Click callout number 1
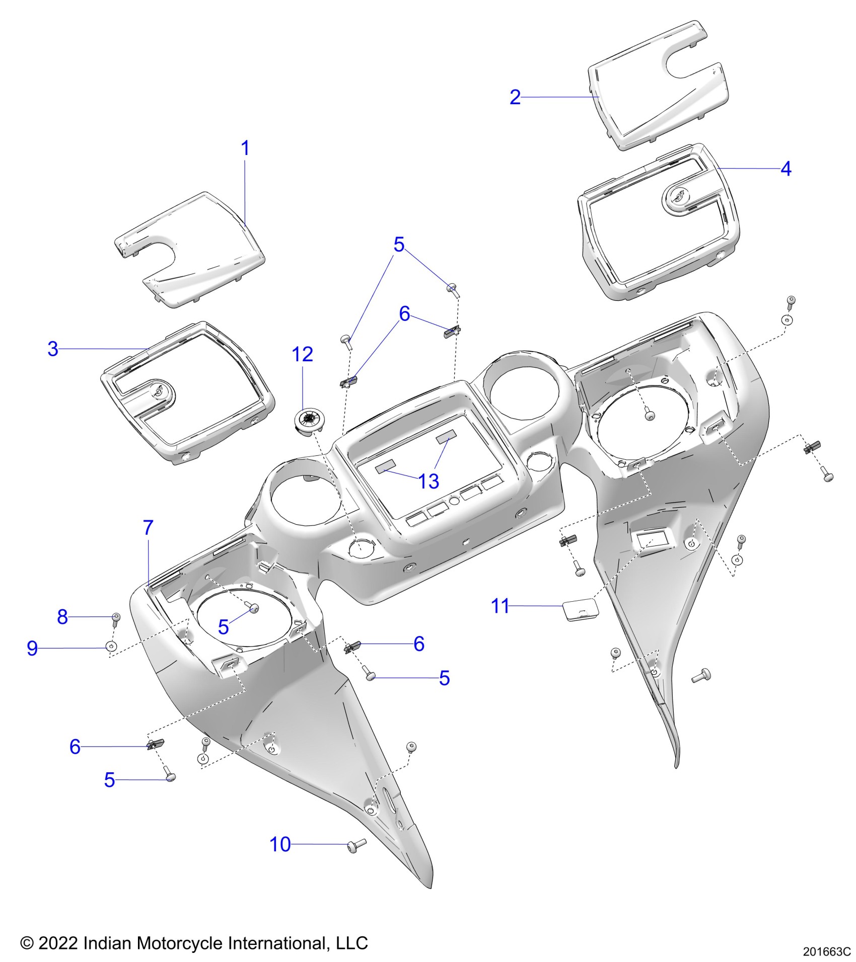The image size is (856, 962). pyautogui.click(x=245, y=148)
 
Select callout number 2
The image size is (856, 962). pyautogui.click(x=515, y=97)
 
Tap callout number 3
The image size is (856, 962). pyautogui.click(x=53, y=349)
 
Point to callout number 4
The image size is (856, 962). pyautogui.click(x=786, y=169)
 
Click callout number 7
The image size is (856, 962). pyautogui.click(x=148, y=528)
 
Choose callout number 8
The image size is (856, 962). pyautogui.click(x=62, y=616)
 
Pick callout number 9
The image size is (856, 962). pyautogui.click(x=32, y=648)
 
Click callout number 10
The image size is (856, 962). pyautogui.click(x=280, y=845)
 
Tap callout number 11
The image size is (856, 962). pyautogui.click(x=500, y=606)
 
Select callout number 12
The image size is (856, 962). pyautogui.click(x=302, y=355)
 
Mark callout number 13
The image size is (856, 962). pyautogui.click(x=429, y=482)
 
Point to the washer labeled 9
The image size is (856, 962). pyautogui.click(x=111, y=647)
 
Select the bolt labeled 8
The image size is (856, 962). pyautogui.click(x=116, y=618)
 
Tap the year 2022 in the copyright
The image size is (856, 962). pyautogui.click(x=58, y=942)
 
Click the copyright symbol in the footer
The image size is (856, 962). pyautogui.click(x=26, y=943)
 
